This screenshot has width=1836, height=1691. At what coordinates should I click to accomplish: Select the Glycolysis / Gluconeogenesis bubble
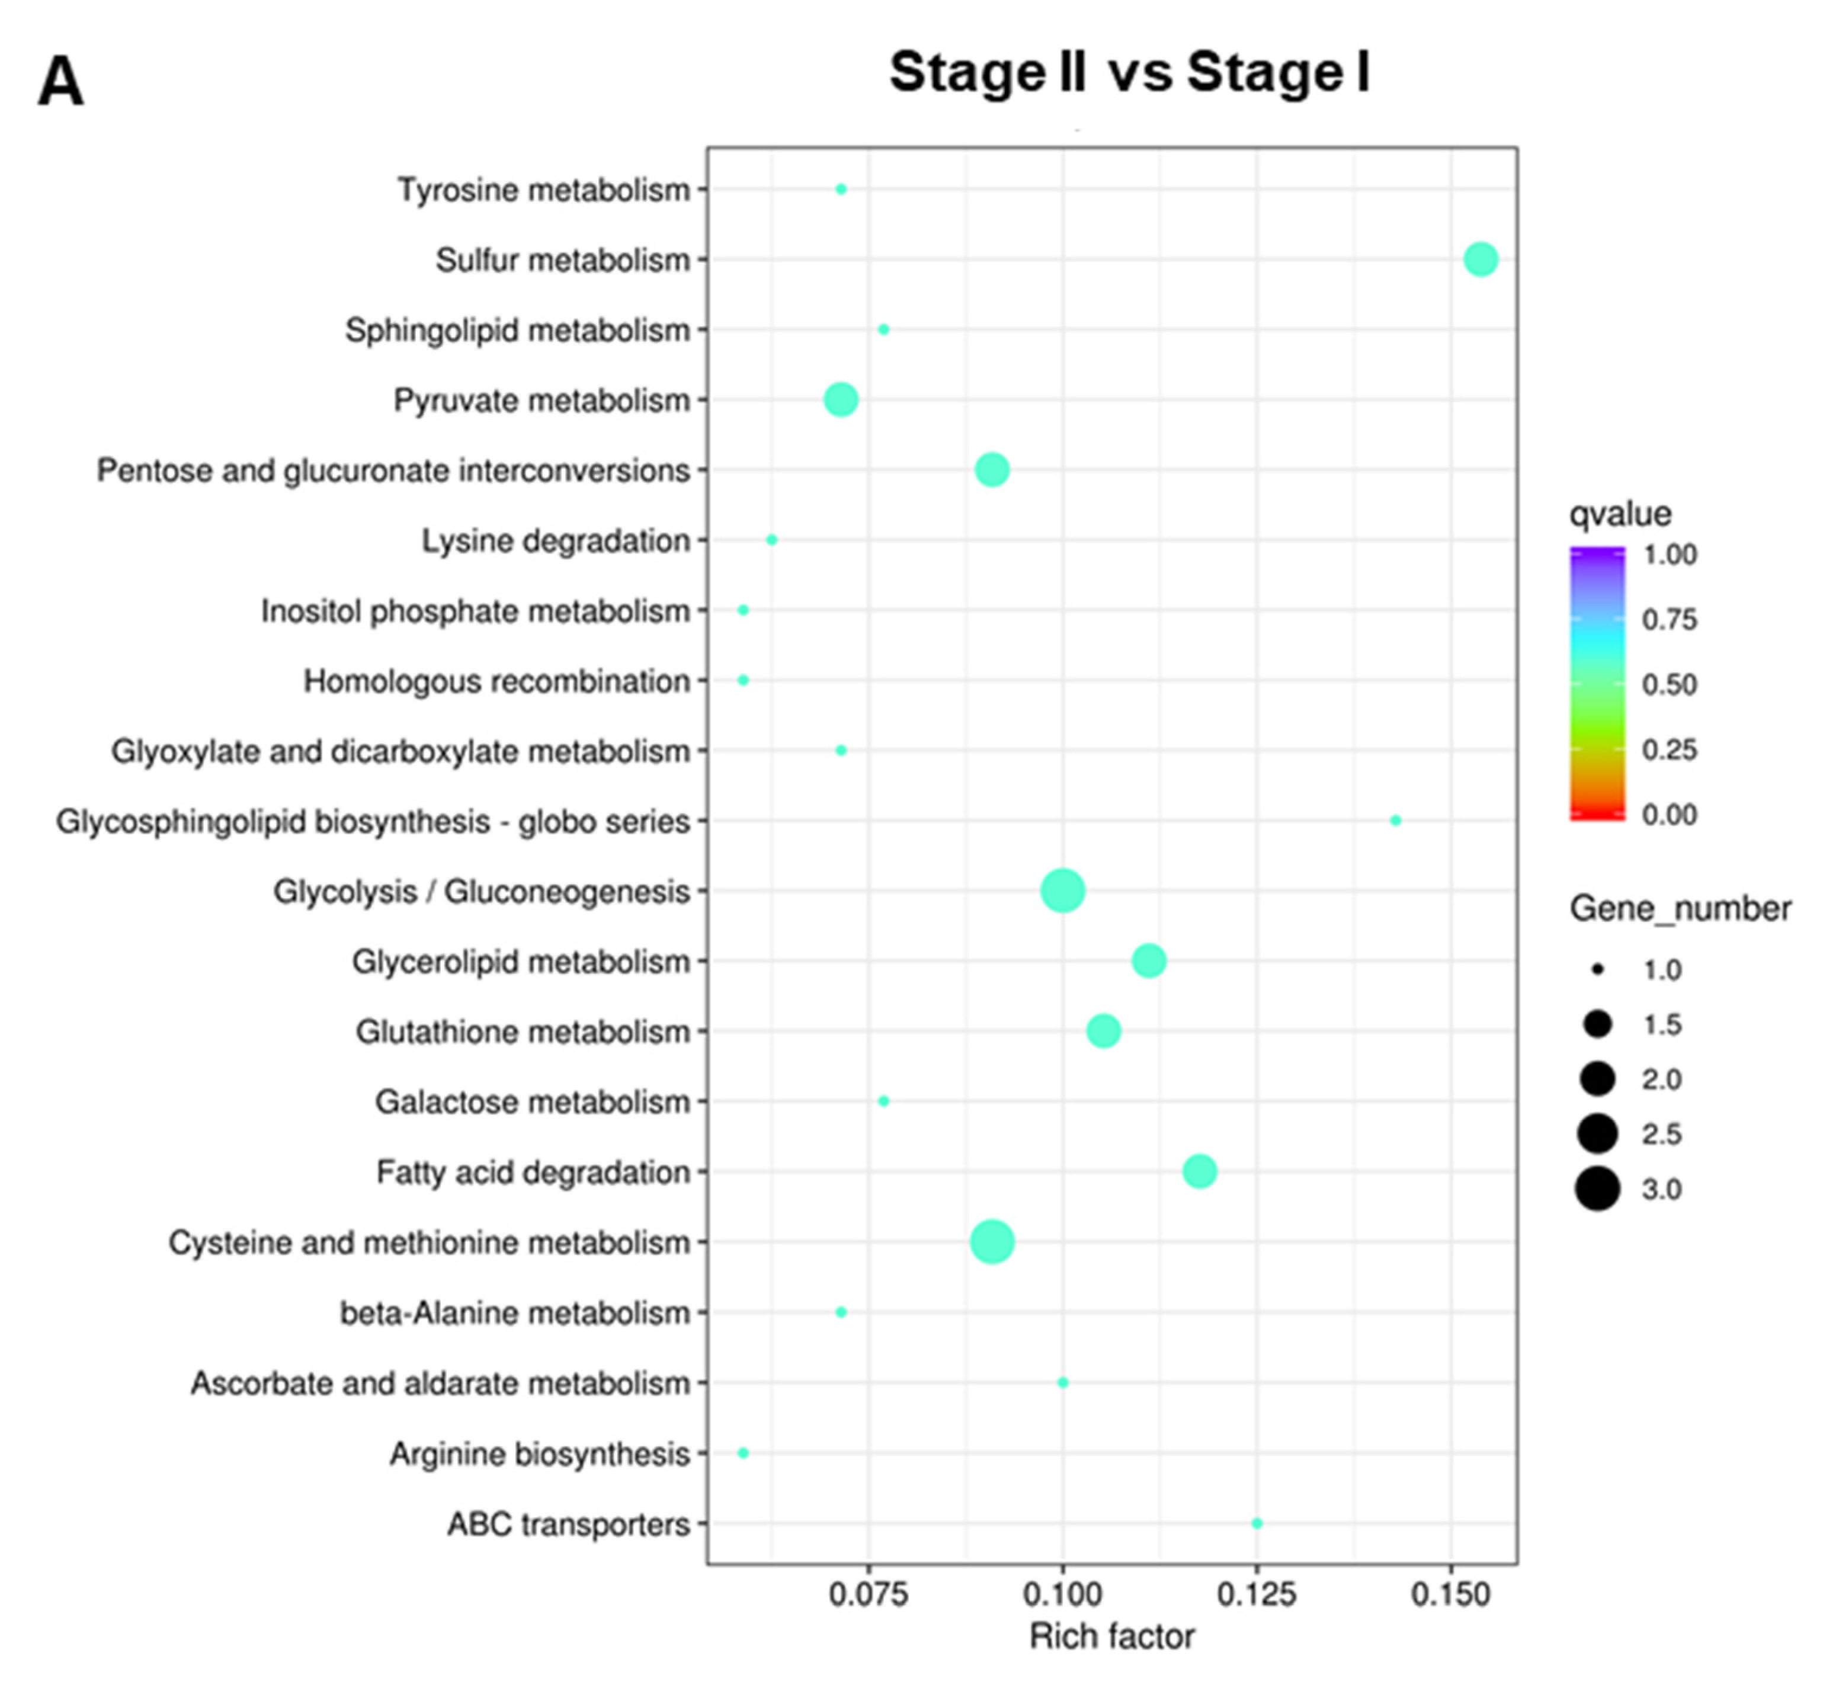pyautogui.click(x=1062, y=891)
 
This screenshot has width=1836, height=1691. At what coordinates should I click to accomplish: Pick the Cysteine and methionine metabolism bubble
pyautogui.click(x=992, y=1242)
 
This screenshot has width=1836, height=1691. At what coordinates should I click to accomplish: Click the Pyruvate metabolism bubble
pyautogui.click(x=841, y=400)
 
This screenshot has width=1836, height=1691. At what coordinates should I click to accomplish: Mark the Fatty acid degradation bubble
pyautogui.click(x=1199, y=1171)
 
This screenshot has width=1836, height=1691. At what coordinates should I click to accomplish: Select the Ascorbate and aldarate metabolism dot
pyautogui.click(x=1062, y=1383)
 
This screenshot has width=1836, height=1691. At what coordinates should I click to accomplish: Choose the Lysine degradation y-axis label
pyautogui.click(x=555, y=541)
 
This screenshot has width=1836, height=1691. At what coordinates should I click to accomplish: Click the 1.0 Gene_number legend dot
pyautogui.click(x=1597, y=970)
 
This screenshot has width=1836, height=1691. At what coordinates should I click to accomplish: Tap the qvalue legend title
pyautogui.click(x=1620, y=514)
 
